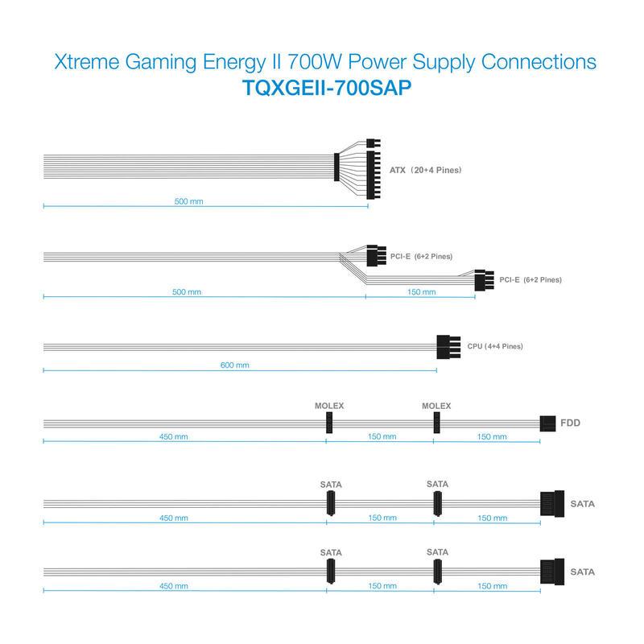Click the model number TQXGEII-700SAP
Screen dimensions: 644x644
327,88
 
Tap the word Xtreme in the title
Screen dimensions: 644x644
87,62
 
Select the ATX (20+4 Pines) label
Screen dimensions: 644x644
426,170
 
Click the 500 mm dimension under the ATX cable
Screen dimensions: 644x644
189,201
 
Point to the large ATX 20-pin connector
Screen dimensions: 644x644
374,175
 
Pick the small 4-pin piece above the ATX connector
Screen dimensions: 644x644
374,143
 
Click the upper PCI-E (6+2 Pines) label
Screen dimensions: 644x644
421,256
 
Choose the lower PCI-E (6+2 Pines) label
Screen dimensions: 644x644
530,279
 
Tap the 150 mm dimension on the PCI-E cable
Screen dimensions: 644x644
421,292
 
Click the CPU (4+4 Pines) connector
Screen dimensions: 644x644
448,347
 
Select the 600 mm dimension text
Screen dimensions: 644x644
235,365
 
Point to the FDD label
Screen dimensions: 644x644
571,423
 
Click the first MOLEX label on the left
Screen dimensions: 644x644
329,406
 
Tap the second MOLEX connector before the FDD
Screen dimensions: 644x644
436,423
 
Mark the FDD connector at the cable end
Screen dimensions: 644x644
547,423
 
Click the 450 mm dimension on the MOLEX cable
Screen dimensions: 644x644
174,436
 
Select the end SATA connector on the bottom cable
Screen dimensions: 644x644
552,572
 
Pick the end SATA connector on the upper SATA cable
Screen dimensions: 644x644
552,504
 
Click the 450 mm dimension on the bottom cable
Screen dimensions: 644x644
174,586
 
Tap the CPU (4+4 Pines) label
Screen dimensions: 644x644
495,346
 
